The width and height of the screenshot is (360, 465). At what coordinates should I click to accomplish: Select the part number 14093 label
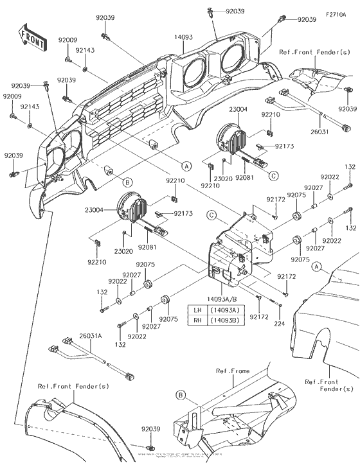tap(183, 38)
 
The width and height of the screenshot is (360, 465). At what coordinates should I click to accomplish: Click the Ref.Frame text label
tap(231, 371)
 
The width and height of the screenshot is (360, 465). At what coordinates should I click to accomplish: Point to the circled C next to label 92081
tap(274, 175)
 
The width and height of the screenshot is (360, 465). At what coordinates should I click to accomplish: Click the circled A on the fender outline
tap(316, 265)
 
